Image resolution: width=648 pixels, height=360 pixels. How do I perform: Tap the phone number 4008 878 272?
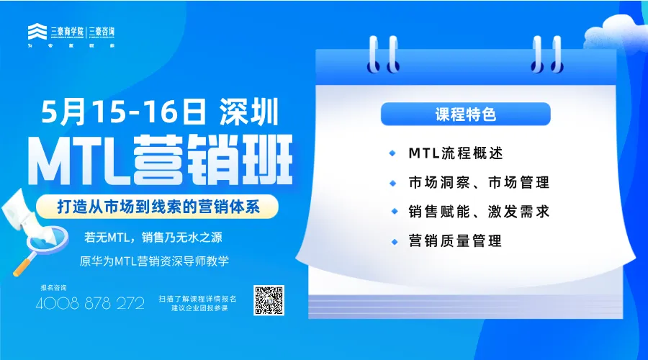[x=90, y=303]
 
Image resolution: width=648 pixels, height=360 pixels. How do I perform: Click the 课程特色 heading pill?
[x=465, y=114]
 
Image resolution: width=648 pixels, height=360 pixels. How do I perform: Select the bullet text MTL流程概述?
[x=455, y=153]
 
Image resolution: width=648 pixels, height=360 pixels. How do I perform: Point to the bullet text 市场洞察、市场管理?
[x=478, y=182]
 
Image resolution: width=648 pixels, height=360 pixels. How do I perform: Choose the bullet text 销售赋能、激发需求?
[x=478, y=212]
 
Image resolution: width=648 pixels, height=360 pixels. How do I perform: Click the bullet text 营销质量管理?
[x=454, y=240]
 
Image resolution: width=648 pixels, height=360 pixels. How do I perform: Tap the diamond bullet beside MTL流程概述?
[x=392, y=153]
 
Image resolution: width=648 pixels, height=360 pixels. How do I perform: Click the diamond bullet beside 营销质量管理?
[x=392, y=240]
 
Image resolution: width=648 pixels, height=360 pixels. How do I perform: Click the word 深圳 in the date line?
[x=244, y=112]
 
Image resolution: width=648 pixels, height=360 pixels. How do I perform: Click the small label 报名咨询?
[x=53, y=287]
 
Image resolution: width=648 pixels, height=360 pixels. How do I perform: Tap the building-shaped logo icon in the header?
[x=37, y=32]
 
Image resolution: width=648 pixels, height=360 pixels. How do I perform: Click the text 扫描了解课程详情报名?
[x=198, y=297]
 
